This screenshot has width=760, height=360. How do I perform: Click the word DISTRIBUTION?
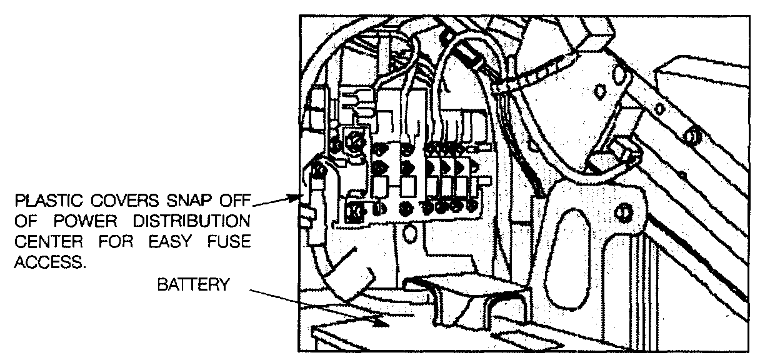194,223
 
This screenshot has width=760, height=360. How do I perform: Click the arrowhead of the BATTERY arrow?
378,322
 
